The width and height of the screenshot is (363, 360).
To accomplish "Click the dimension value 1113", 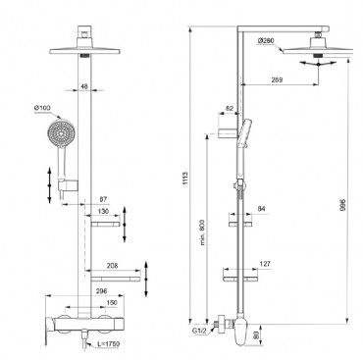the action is click(185, 179).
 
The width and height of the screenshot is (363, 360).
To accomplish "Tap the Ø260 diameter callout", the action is click(266, 41).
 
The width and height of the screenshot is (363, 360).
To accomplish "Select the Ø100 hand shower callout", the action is click(42, 108).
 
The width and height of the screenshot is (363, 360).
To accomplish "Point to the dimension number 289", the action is click(277, 79).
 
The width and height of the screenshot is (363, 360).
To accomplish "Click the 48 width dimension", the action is click(84, 86).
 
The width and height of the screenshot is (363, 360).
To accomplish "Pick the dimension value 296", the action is click(102, 291).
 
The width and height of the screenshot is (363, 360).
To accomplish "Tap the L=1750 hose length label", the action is click(109, 344).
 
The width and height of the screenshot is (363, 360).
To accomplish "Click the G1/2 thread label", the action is click(199, 331).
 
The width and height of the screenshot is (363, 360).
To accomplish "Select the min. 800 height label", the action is click(203, 232).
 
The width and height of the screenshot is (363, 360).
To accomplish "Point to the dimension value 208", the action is click(112, 266).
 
